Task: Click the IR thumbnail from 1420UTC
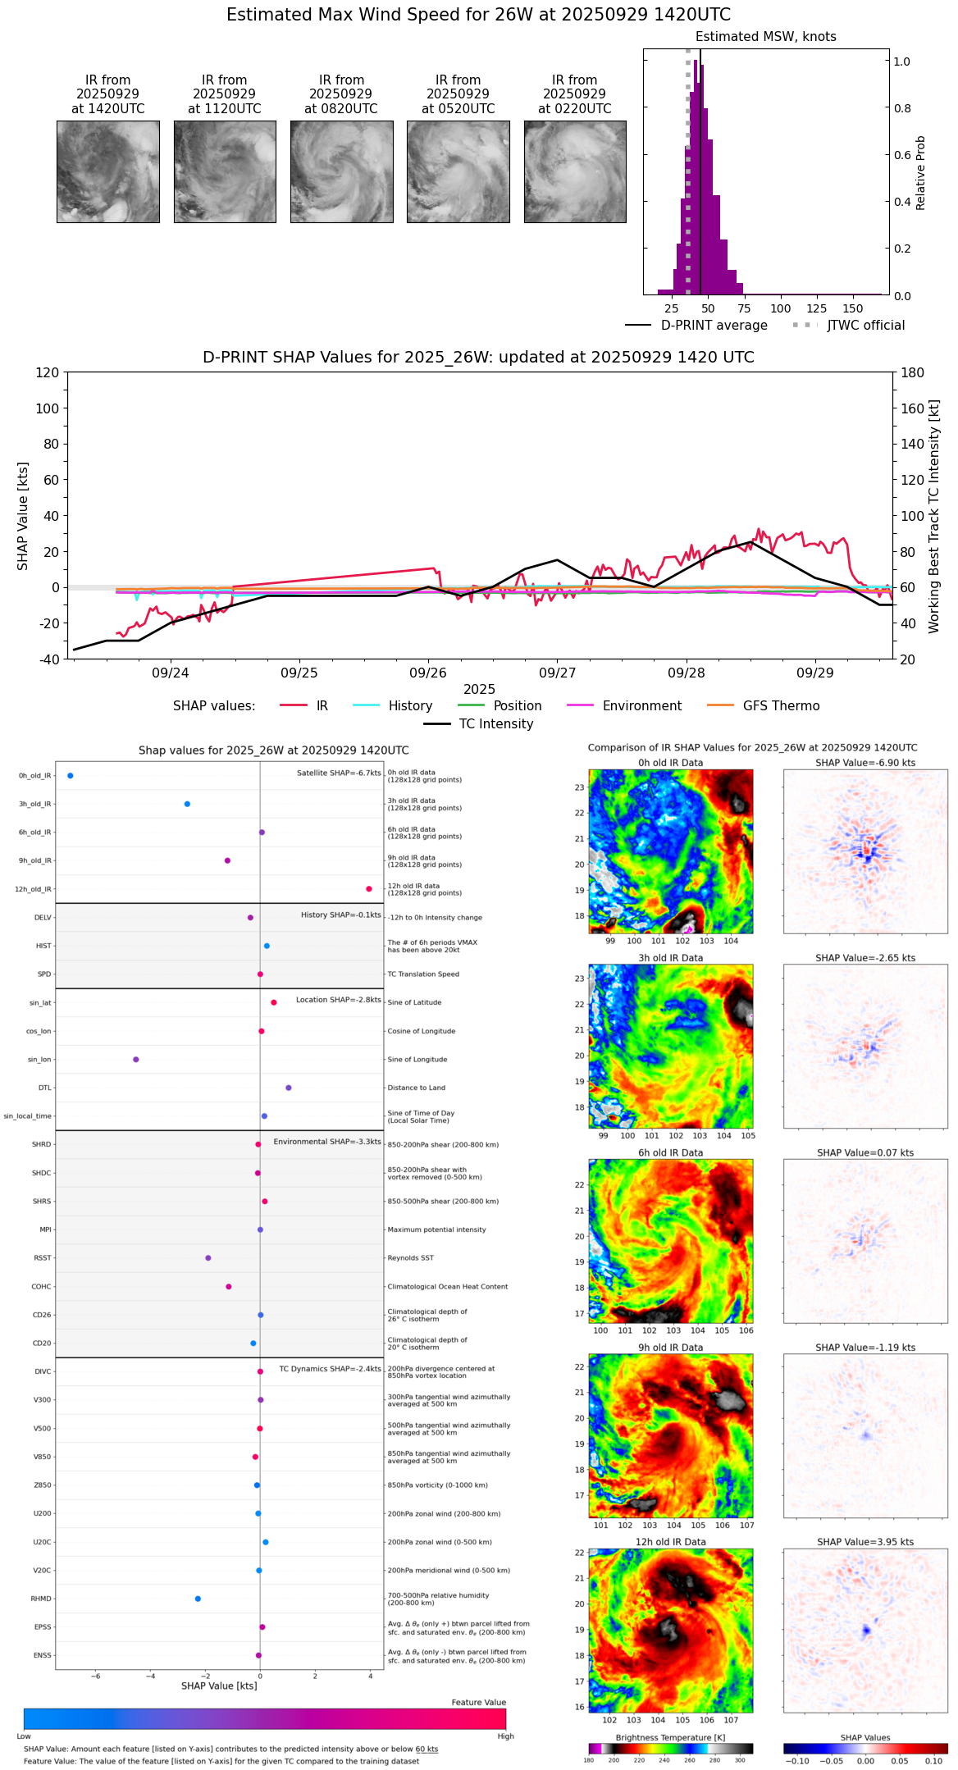pos(107,171)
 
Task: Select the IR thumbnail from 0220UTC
pos(575,171)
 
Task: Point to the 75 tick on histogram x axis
pos(744,308)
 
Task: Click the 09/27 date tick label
pos(557,673)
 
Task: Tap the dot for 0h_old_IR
pos(71,775)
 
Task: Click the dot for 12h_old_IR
pos(369,889)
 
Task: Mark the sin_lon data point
pos(136,1060)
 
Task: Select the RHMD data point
pos(198,1599)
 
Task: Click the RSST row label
pos(42,1258)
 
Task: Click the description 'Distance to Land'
pos(416,1088)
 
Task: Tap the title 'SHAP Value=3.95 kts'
pos(865,1542)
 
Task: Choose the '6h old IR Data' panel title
pos(670,1152)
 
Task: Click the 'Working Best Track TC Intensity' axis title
pos(934,517)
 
